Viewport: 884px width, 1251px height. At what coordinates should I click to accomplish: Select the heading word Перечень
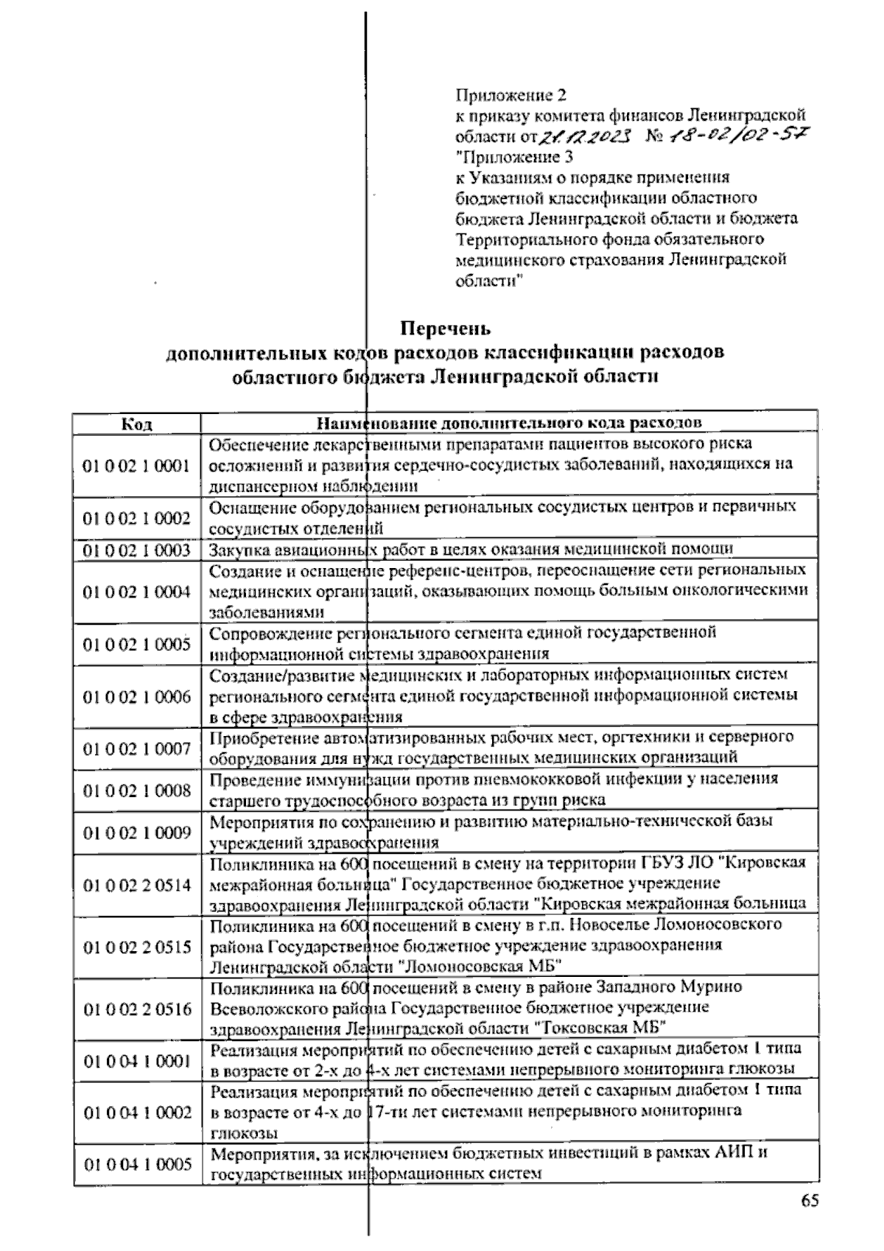click(x=445, y=327)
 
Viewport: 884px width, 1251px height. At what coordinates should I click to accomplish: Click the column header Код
click(x=137, y=424)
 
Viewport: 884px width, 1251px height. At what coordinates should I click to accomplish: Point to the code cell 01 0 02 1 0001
click(x=137, y=466)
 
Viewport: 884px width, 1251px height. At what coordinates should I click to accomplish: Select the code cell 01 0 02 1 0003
click(x=137, y=550)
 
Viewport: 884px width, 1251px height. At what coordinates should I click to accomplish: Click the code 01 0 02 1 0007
click(x=137, y=749)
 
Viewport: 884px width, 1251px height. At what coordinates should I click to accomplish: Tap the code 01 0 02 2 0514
click(x=137, y=885)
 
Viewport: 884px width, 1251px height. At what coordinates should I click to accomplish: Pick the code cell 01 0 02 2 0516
click(x=137, y=1009)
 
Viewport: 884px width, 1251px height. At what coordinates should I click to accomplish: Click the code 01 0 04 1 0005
click(x=137, y=1164)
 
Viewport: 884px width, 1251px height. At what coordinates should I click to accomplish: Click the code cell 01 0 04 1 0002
click(x=137, y=1112)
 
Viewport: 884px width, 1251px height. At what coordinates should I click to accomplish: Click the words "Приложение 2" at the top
click(x=511, y=95)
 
